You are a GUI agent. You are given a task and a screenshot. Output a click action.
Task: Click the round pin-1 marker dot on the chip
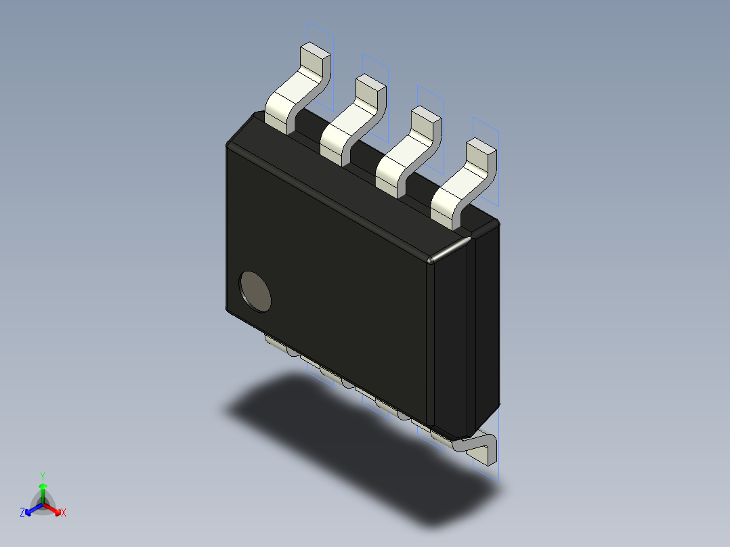coord(255,292)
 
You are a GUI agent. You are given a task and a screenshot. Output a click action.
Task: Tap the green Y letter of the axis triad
coord(43,476)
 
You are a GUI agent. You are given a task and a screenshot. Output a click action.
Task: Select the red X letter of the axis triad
coord(64,513)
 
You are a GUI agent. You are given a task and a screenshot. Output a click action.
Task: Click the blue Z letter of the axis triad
coord(22,513)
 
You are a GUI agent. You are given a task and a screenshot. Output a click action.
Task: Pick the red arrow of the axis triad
coord(54,508)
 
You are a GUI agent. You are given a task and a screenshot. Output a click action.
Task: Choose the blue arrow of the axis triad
coord(31,508)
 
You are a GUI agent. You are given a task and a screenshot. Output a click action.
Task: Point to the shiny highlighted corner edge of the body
coord(450,248)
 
